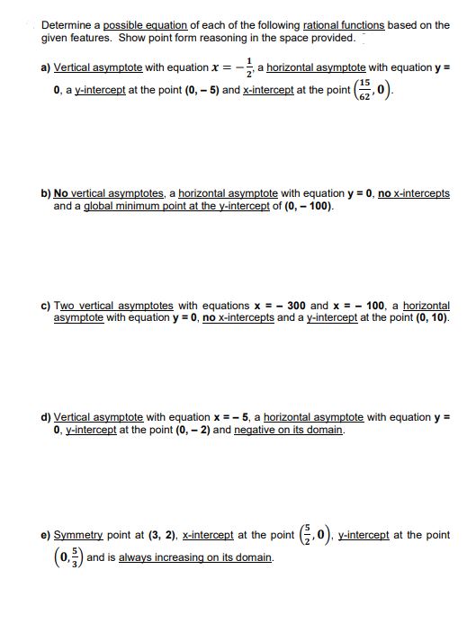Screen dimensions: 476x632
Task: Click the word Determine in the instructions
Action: point(66,24)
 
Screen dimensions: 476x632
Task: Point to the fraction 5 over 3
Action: point(68,557)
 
